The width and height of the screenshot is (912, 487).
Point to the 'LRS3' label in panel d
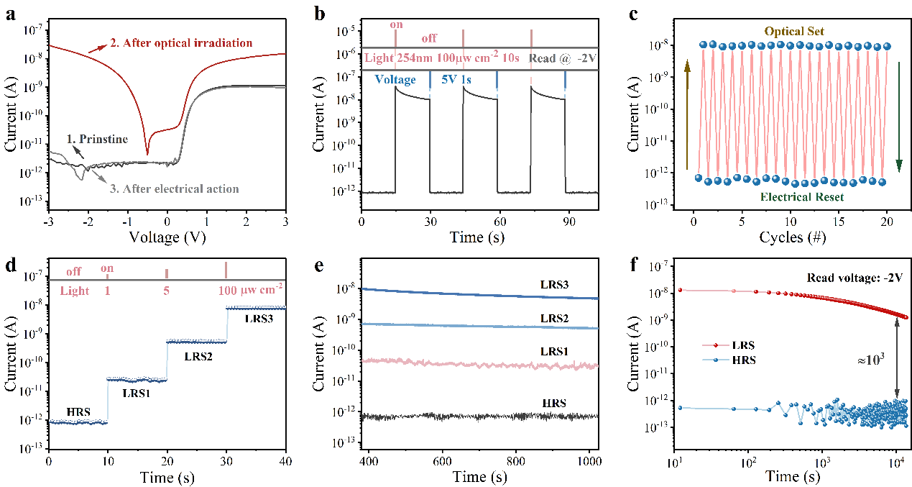click(x=259, y=317)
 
